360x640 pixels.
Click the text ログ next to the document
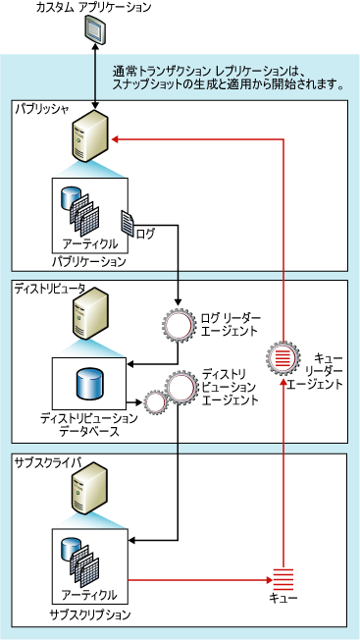coord(145,234)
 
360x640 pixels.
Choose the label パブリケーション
coord(89,262)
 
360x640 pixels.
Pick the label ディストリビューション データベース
coord(89,424)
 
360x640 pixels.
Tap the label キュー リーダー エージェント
coord(324,371)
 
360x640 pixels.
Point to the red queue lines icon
coord(283,579)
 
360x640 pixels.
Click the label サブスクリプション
coord(89,613)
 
